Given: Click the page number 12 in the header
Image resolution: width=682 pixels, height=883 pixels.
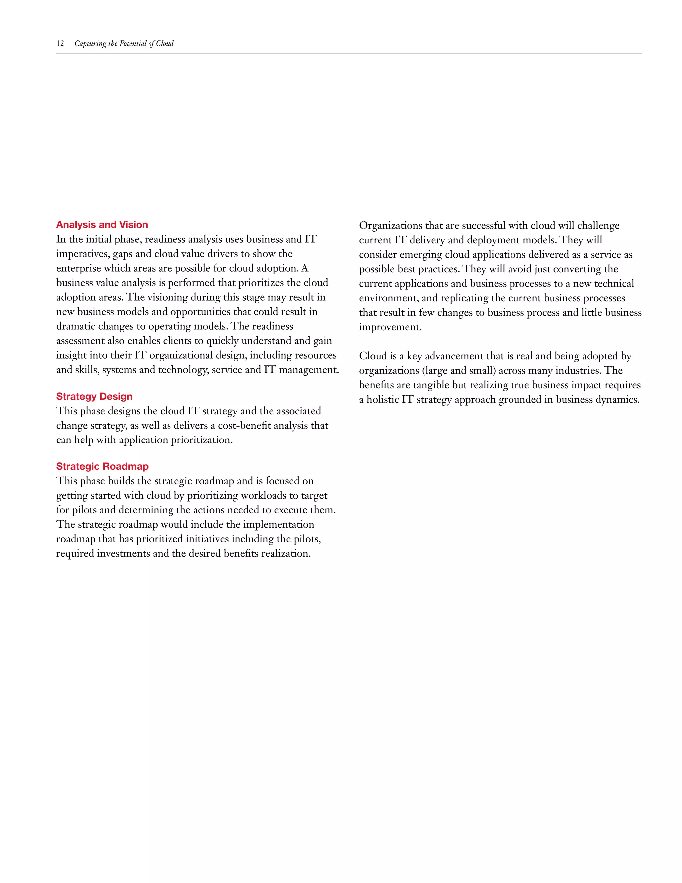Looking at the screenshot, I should [x=60, y=44].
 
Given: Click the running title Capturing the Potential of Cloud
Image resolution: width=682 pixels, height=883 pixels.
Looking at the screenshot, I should [x=124, y=44].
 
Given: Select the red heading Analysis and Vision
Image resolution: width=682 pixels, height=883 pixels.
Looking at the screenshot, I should [x=102, y=225].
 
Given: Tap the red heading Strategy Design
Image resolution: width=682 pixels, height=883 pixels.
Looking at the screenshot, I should [x=94, y=396].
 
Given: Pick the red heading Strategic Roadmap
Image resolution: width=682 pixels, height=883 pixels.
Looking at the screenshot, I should [x=102, y=466].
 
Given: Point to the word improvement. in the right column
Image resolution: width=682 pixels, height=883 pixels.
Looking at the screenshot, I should [x=390, y=327].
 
